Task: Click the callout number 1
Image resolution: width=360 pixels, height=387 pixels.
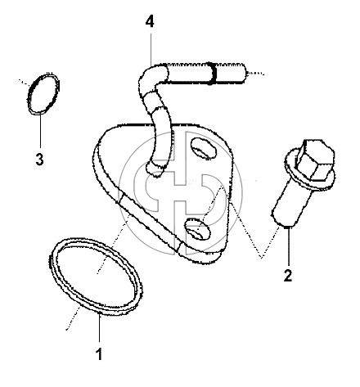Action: click(100, 353)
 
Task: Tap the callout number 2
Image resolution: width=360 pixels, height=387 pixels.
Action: click(288, 276)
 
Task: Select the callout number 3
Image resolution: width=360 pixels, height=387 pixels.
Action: click(39, 159)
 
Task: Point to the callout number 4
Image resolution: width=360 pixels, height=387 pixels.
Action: click(150, 21)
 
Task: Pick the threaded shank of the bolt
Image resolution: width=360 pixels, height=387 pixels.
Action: click(292, 205)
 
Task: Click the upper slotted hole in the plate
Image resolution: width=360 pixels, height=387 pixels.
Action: click(204, 148)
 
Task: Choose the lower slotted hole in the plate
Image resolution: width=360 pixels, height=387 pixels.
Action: click(198, 230)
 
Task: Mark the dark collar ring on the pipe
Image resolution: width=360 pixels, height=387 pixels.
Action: click(212, 74)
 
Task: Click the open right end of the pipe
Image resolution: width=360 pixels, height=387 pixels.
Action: click(244, 73)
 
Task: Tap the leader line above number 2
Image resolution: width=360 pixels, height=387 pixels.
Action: click(288, 246)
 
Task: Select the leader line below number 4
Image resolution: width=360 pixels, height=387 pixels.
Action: click(151, 49)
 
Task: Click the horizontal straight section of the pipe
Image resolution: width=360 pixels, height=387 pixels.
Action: click(205, 73)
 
